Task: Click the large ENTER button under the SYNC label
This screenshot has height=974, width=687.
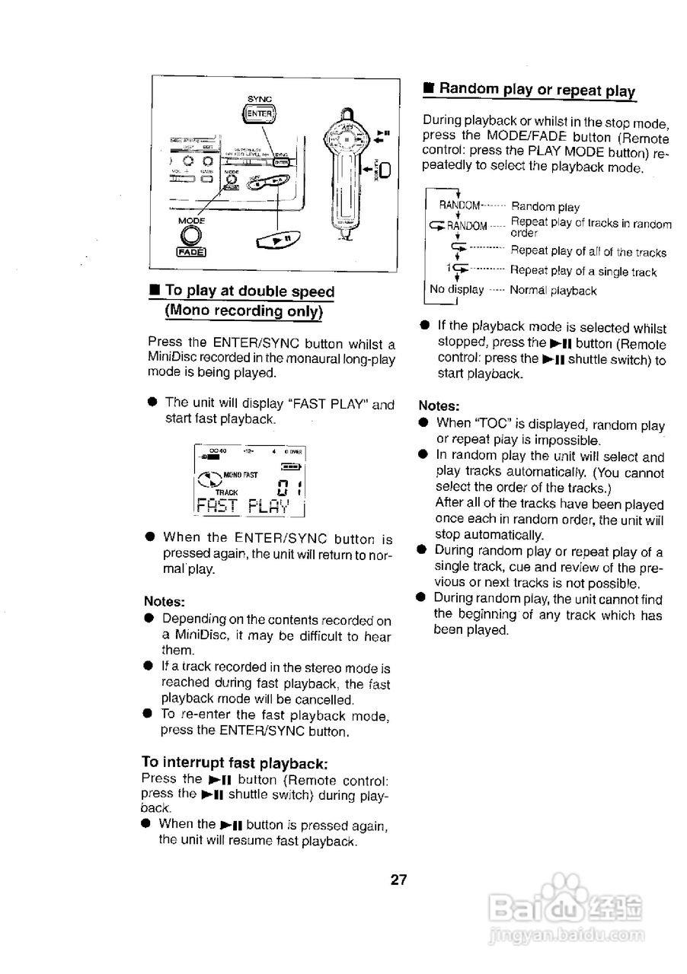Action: click(x=260, y=115)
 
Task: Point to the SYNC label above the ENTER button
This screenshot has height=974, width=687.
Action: click(x=260, y=98)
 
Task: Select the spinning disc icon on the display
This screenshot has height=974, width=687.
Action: click(x=207, y=479)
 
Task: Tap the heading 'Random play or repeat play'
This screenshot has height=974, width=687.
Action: click(x=536, y=90)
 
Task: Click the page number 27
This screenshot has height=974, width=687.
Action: click(x=399, y=880)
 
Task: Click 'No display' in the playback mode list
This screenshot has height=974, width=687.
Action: click(x=456, y=290)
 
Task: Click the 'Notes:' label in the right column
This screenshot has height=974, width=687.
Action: click(x=439, y=406)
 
